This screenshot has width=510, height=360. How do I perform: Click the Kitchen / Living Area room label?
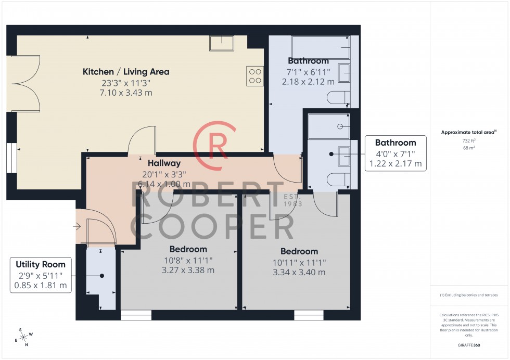coord(126,72)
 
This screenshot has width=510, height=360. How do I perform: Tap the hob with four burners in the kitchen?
coord(255,76)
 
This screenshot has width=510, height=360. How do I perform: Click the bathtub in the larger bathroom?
coord(320,48)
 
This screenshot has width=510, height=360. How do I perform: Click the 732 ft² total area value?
coord(469,141)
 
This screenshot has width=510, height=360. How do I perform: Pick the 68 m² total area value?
coord(469,148)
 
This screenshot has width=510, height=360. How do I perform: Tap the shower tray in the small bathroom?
coord(328,126)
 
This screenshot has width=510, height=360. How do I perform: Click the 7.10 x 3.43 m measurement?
coord(126,93)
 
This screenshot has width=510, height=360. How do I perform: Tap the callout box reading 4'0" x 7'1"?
coord(396,153)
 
